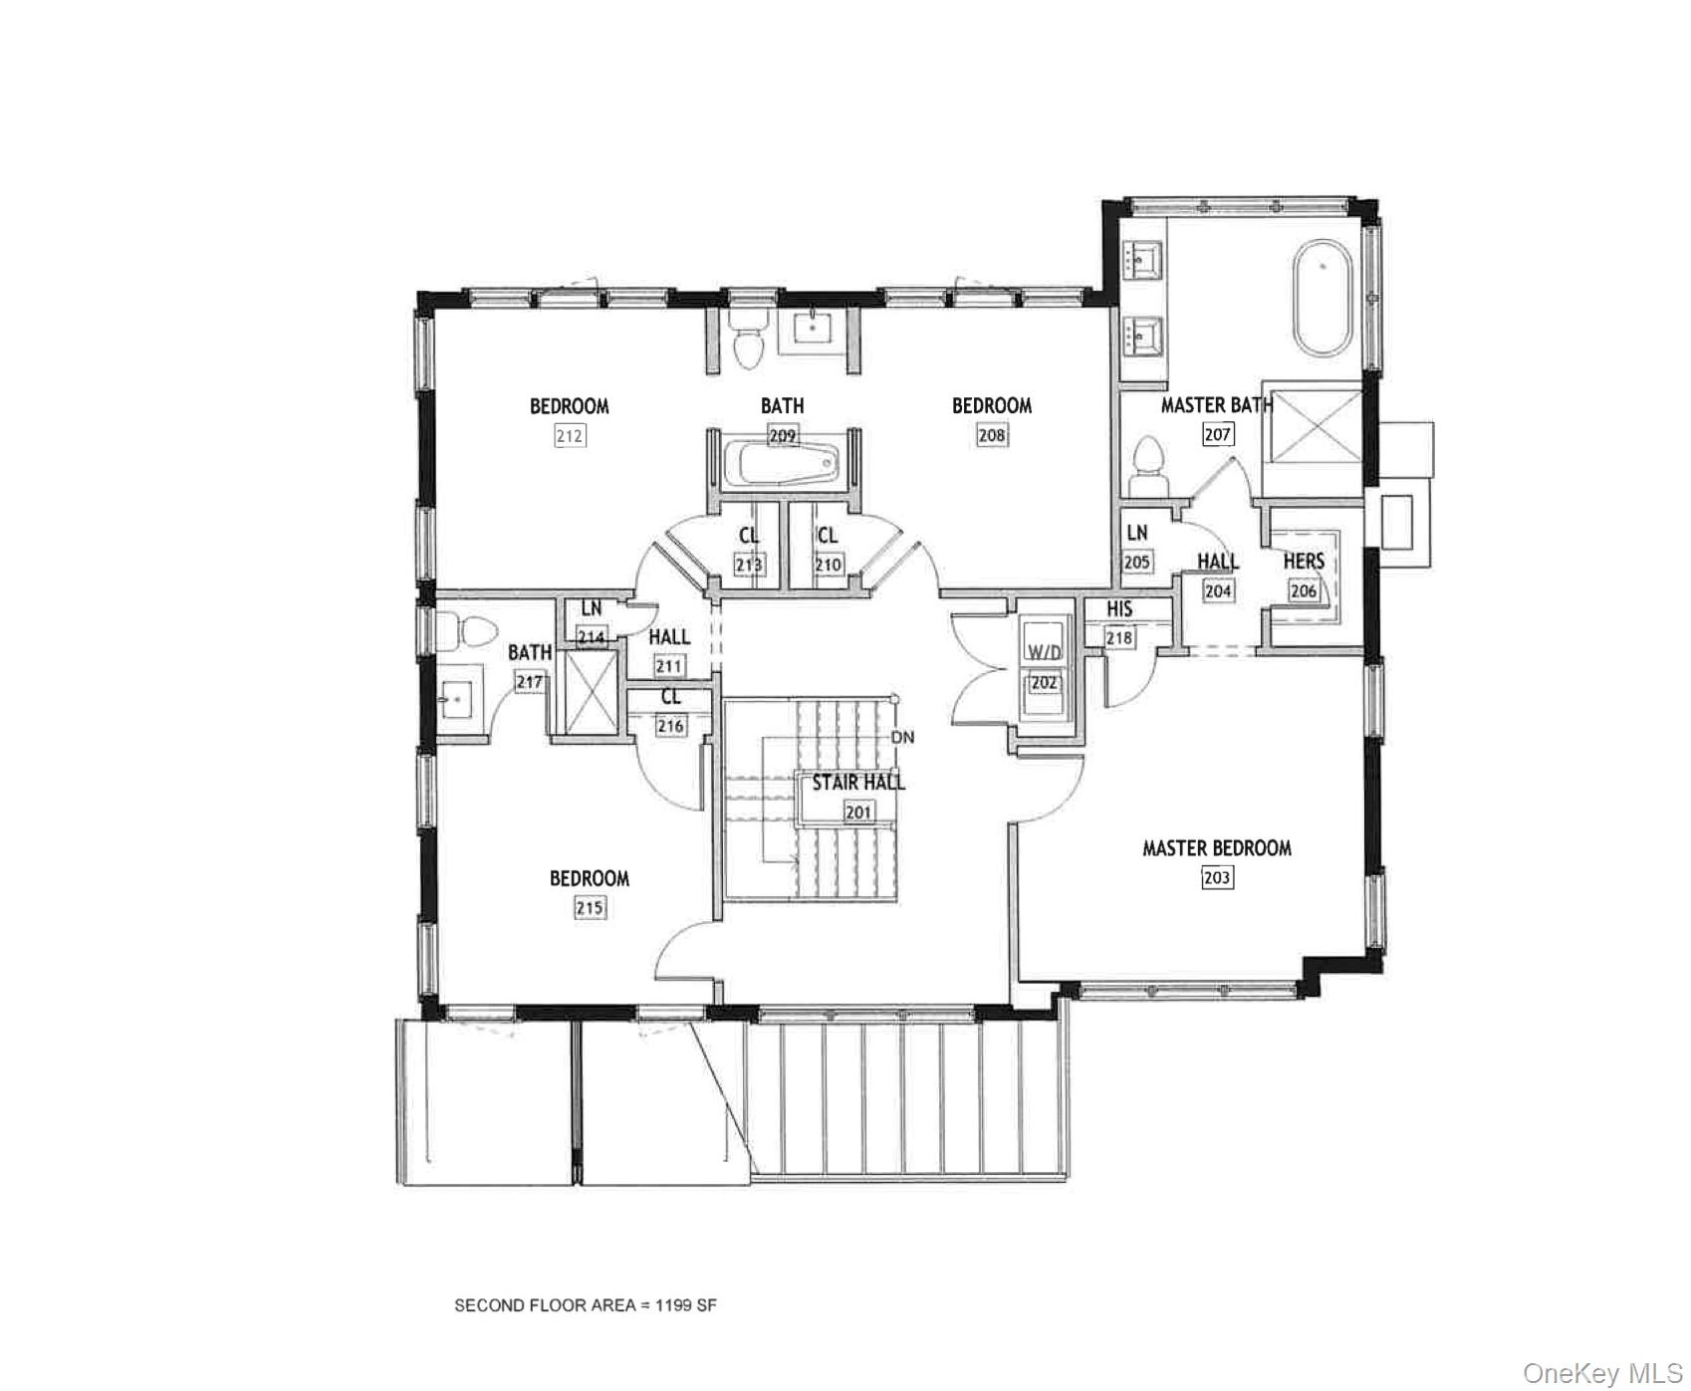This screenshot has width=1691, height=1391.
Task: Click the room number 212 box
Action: point(570,436)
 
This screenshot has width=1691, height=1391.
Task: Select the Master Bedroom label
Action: point(1216,848)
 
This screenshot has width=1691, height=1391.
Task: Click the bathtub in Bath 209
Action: point(782,465)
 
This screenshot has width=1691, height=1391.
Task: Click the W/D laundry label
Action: point(1044,653)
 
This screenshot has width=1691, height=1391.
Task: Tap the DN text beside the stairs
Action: point(902,738)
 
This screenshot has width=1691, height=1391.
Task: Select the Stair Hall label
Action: point(857,783)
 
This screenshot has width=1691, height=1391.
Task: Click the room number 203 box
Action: point(1217,877)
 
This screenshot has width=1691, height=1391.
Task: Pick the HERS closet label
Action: point(1304,562)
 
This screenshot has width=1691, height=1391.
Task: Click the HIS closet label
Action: point(1119,609)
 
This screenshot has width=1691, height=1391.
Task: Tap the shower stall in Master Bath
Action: point(1318,425)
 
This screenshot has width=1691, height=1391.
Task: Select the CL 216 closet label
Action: point(670,699)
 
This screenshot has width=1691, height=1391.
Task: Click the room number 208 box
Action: point(992,435)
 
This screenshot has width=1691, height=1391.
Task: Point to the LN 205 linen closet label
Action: point(1136,534)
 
